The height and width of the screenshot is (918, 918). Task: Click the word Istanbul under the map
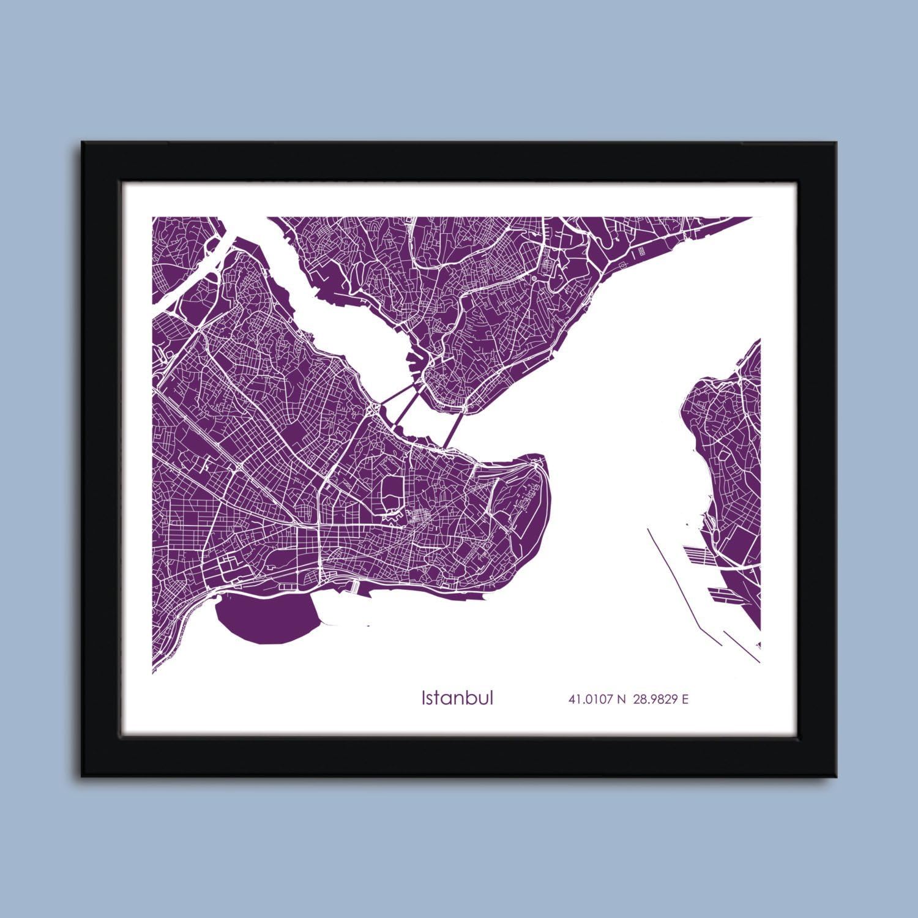click(x=457, y=698)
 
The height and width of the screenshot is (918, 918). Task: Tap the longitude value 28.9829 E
click(x=660, y=698)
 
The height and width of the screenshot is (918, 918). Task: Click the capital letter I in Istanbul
click(x=423, y=698)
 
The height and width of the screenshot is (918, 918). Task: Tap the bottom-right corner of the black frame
click(x=836, y=776)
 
